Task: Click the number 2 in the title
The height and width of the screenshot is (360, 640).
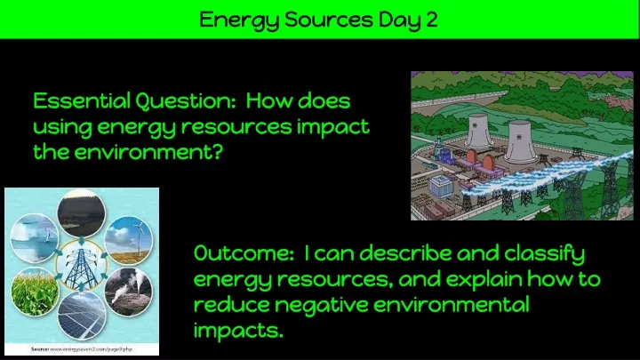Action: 432,20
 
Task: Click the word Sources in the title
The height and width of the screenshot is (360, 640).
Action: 329,20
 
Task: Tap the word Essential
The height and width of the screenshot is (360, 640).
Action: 82,100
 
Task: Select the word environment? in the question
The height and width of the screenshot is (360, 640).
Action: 148,152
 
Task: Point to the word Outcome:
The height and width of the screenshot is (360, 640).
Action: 244,253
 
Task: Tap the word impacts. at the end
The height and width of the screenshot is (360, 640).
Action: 238,331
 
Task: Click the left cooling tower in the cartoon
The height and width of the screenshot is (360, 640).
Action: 478,131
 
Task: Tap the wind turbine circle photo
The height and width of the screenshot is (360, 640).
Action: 129,241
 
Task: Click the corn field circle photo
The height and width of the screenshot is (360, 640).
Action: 35,292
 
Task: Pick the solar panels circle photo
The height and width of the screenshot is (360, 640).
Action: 82,316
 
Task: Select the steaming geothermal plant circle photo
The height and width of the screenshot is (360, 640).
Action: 129,292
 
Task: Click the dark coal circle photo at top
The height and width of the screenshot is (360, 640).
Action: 82,213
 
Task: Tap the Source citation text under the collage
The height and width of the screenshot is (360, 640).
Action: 82,349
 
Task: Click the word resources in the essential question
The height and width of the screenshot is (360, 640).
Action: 236,126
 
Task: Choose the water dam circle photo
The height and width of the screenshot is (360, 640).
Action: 35,238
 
